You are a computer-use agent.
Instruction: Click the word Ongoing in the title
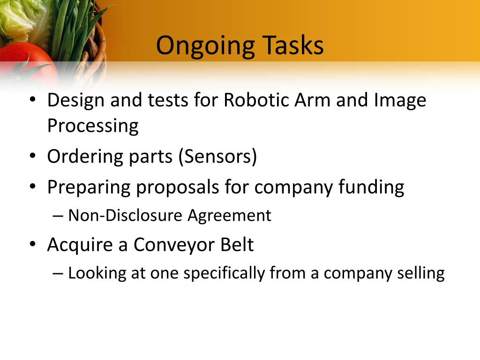(x=205, y=46)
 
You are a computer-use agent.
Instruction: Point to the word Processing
(x=93, y=126)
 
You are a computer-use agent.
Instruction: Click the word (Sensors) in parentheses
(x=217, y=157)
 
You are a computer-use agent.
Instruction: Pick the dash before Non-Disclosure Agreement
(x=58, y=216)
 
